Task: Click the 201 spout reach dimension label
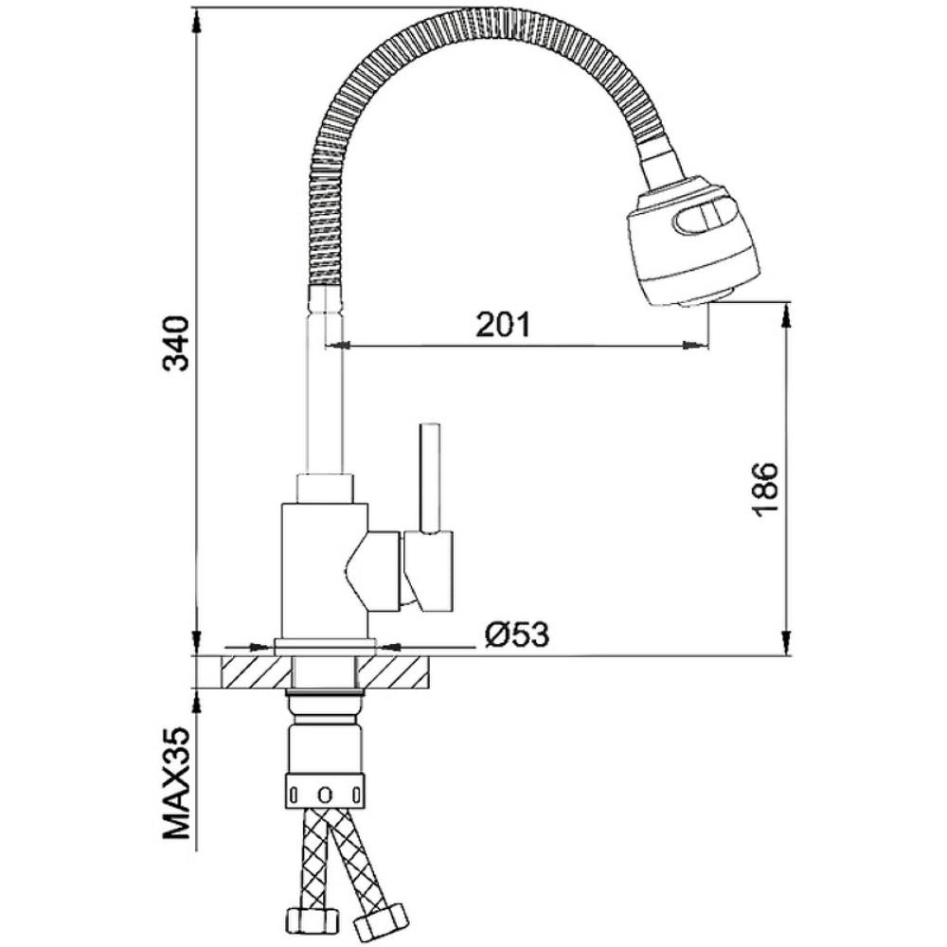coord(503,325)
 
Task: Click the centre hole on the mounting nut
coord(326,793)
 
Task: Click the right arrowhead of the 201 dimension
coord(696,345)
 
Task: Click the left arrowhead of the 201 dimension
coord(338,345)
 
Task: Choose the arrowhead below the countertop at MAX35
coord(197,701)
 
